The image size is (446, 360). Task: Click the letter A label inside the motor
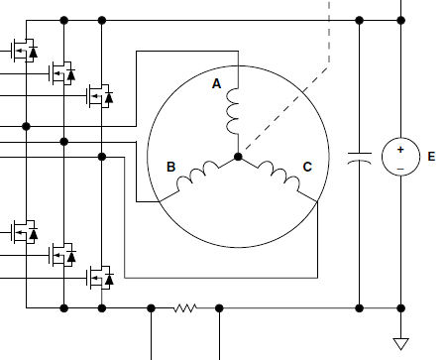pos(217,84)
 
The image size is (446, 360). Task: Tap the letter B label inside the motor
pos(170,168)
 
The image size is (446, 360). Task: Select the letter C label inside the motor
pos(307,168)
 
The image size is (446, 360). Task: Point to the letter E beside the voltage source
pos(430,157)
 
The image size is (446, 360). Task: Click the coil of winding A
pos(235,112)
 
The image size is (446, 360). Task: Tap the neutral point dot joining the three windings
pos(237,157)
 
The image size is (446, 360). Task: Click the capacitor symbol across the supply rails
pos(359,157)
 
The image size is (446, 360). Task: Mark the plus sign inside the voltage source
pos(401,149)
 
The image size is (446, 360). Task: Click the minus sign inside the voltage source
pos(401,168)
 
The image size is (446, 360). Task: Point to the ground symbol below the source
pos(401,344)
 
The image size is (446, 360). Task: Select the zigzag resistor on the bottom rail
pos(184,307)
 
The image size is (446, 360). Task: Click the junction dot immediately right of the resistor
pos(219,307)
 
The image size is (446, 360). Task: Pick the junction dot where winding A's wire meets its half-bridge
pos(26,126)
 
